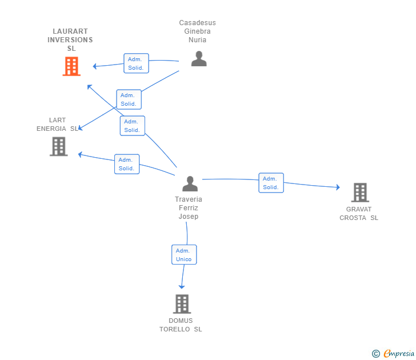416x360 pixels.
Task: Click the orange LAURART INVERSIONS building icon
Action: point(71,66)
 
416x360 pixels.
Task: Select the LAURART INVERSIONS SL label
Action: point(70,40)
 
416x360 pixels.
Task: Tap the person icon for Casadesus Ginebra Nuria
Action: point(198,59)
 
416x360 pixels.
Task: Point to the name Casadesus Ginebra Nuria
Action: point(198,31)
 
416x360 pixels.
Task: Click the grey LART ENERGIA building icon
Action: point(58,147)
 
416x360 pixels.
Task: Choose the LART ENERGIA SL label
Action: point(57,125)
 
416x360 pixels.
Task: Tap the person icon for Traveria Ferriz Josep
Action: point(190,183)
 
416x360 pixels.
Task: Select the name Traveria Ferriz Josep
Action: point(189,208)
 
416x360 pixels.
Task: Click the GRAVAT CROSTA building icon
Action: point(359,193)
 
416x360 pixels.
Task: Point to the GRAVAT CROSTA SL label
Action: point(359,214)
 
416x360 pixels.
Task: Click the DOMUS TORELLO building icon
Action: point(182,304)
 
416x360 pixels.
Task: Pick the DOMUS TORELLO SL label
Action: point(181,325)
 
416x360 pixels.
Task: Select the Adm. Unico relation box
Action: point(184,255)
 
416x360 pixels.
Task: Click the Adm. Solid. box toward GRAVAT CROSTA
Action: point(271,183)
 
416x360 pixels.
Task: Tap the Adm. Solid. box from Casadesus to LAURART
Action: point(136,63)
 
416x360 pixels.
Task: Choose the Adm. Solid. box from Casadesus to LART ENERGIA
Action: point(129,99)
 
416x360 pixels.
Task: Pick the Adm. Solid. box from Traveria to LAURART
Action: point(132,126)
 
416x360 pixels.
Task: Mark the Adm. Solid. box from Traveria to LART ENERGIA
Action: point(126,164)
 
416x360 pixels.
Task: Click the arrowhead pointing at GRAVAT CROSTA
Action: point(338,187)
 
